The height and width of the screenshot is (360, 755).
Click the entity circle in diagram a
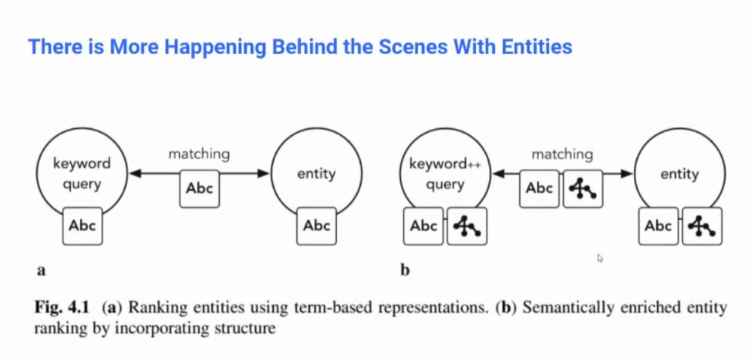316,174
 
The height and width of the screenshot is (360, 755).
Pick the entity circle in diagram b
680,174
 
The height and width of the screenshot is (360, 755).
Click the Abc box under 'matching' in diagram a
199,189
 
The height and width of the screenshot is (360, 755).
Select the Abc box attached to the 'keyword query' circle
82,225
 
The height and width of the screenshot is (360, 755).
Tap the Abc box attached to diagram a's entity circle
316,225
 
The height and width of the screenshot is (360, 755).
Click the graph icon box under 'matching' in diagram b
582,188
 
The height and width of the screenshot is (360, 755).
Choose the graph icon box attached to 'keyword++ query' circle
466,226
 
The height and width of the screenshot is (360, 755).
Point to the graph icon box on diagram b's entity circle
700,226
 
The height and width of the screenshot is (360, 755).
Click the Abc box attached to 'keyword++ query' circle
424,226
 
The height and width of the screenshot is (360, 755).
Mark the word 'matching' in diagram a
199,154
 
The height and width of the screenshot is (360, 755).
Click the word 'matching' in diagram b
562,154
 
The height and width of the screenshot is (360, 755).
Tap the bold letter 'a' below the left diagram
41,270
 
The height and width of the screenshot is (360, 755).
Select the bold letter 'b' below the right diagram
405,270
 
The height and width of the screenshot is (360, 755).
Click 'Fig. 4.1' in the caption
59,307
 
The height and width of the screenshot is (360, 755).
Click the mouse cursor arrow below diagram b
600,258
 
